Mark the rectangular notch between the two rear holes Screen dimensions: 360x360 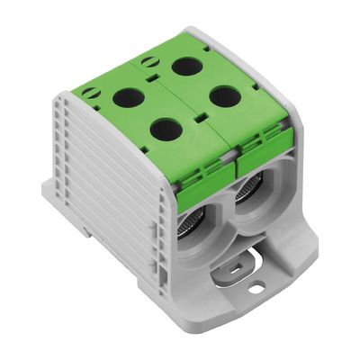pyautogui.click(x=160, y=81)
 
